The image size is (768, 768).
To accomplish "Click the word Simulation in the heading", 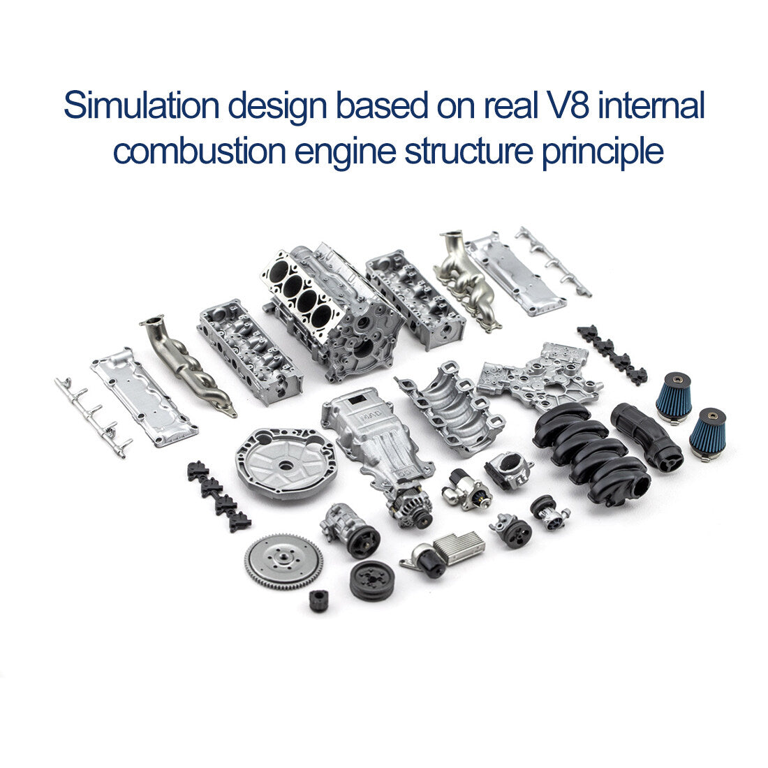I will click(x=140, y=107).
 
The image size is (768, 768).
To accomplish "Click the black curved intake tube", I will click(x=646, y=437).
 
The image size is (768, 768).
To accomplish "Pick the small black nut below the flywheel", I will click(x=319, y=600).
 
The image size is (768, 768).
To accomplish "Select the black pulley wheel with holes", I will click(x=371, y=581).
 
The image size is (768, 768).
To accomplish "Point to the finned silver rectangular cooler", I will click(x=459, y=544).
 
